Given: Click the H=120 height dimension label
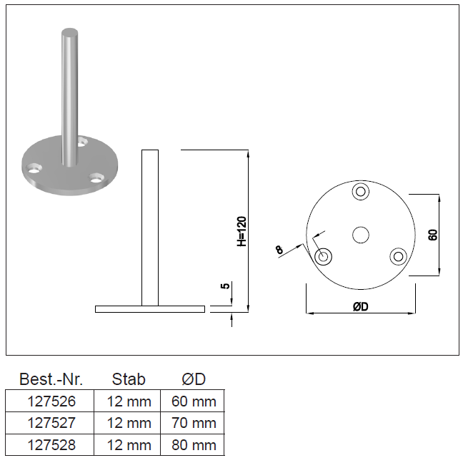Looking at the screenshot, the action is [x=242, y=232].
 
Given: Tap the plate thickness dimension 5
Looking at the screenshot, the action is [x=225, y=286].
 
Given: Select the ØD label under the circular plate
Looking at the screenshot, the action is [x=361, y=306].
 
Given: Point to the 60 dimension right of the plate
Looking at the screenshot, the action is [x=433, y=235].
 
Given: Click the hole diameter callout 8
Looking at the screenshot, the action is [x=279, y=250].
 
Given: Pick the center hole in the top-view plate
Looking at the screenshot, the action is [x=361, y=235].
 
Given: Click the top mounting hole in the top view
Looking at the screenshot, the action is [x=361, y=191].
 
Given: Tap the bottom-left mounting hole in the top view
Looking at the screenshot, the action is [x=324, y=257].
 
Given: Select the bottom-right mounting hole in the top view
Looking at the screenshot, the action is [x=398, y=256].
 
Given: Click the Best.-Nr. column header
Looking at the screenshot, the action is [x=51, y=379].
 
